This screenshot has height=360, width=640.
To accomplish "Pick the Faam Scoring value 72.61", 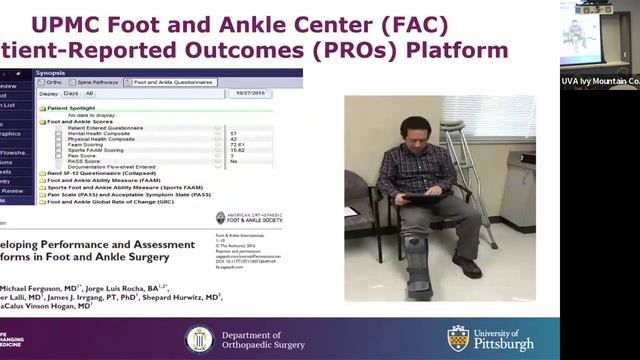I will (237, 145).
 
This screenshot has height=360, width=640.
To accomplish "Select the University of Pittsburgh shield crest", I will (458, 338).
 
